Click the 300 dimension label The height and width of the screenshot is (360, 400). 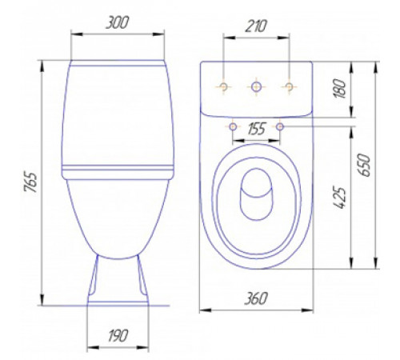pos(118,22)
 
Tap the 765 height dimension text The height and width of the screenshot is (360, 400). pos(30,182)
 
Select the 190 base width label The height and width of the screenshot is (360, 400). pos(118,336)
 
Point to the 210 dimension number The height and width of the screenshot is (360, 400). pos(256,26)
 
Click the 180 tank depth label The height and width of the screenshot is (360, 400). pos(341,89)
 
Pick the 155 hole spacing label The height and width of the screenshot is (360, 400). pos(257,129)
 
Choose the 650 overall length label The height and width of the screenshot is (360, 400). pos(365,165)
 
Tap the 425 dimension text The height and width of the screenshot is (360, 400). pos(340,198)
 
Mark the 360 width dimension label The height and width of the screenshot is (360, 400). pos(256,298)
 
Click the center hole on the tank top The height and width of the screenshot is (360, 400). pos(256,86)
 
